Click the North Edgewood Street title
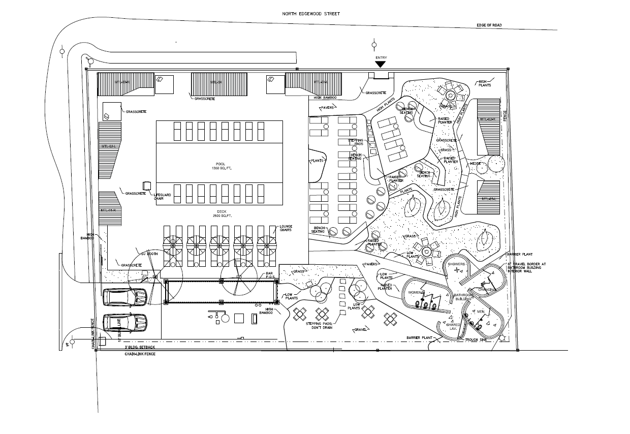pyautogui.click(x=311, y=14)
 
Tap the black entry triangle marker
pyautogui.click(x=381, y=64)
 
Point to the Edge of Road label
pyautogui.click(x=489, y=25)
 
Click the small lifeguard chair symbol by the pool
pyautogui.click(x=147, y=185)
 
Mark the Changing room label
pyautogui.click(x=486, y=290)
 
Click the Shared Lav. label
pyautogui.click(x=453, y=326)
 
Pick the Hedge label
pyautogui.click(x=476, y=164)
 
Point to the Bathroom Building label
pyautogui.click(x=463, y=297)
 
